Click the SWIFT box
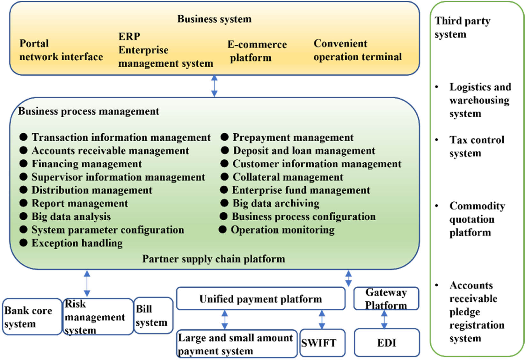(x=322, y=343)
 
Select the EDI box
(x=387, y=343)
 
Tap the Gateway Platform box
(x=386, y=298)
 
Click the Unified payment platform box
(x=260, y=299)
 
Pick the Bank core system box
(x=32, y=317)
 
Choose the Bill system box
(x=153, y=316)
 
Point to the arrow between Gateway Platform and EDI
(x=384, y=320)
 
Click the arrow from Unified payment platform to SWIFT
(x=322, y=320)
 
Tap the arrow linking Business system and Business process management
(x=214, y=86)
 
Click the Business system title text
(x=214, y=19)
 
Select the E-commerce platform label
(x=257, y=51)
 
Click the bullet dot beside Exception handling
(x=23, y=243)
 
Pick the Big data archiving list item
(x=276, y=203)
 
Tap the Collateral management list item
(x=288, y=177)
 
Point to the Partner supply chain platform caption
(x=214, y=259)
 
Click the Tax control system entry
(x=477, y=146)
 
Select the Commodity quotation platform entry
(x=477, y=219)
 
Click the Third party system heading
(x=462, y=27)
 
